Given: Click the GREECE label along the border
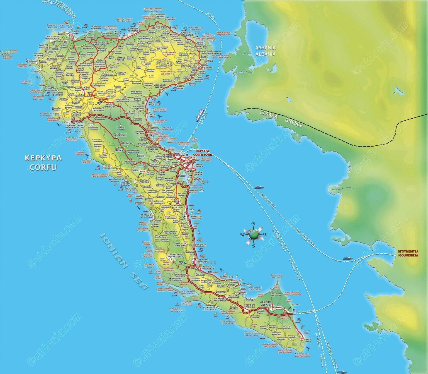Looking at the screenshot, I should (x=294, y=123).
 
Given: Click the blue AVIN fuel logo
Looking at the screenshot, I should (x=119, y=150).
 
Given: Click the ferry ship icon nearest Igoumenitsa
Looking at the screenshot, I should (x=347, y=258).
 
